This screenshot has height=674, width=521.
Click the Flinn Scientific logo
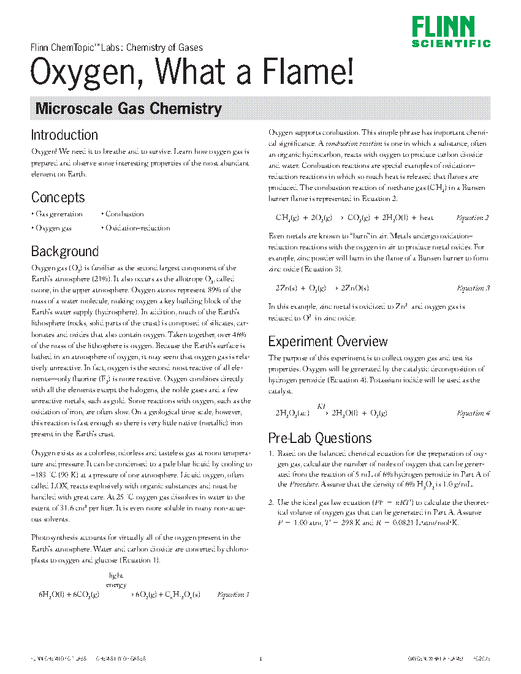[451, 31]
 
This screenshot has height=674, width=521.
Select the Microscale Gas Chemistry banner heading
[128, 109]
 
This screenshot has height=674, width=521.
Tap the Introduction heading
[64, 135]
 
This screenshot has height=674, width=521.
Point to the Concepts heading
[58, 197]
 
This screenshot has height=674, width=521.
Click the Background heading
[64, 251]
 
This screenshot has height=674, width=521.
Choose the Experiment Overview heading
[328, 341]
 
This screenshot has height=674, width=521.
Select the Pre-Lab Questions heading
[320, 438]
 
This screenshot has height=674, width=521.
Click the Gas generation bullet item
[58, 214]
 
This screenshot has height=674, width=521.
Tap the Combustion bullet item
[124, 214]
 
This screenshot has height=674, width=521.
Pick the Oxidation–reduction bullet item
[137, 228]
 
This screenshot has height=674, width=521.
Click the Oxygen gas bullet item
[53, 228]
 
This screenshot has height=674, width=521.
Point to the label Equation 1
[234, 594]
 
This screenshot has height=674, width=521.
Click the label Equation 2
[473, 218]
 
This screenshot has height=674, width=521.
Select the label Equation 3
[473, 288]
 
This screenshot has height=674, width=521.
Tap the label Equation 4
[473, 413]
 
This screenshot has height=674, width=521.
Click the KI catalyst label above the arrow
[321, 406]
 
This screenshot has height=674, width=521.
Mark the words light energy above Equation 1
[116, 580]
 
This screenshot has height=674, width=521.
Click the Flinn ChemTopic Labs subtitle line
[116, 47]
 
